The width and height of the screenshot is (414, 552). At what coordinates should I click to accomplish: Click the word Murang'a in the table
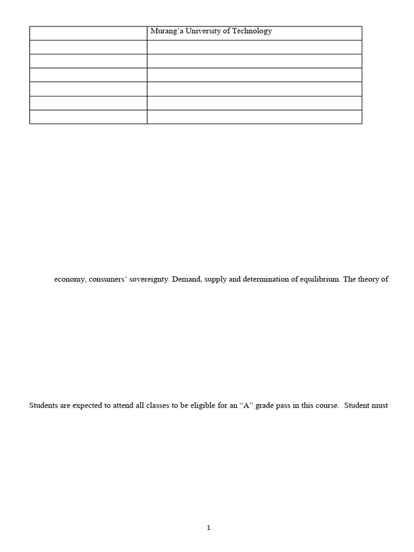[165, 31]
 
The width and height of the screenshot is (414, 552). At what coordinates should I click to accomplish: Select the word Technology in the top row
[252, 31]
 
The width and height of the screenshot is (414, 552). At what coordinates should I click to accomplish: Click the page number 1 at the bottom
[209, 528]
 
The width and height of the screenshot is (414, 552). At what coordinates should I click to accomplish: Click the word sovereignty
[150, 280]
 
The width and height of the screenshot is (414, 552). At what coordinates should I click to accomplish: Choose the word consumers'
[110, 280]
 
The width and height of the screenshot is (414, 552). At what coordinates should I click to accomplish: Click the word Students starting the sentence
[44, 405]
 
